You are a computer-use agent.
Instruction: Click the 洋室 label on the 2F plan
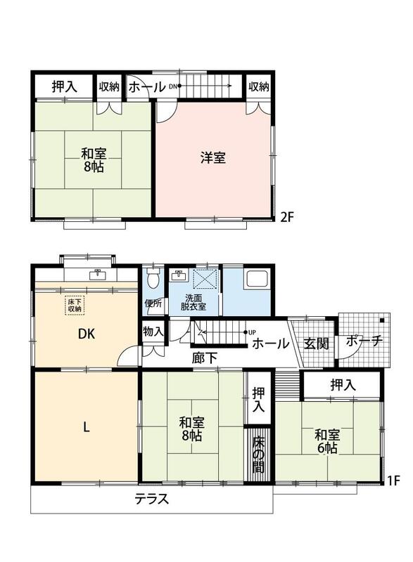coord(212,157)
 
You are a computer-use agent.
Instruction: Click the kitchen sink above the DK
coord(97,274)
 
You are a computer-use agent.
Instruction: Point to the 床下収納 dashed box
coord(75,306)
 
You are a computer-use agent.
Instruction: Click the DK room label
coord(87,334)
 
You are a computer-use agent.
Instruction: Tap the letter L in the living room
coord(86,427)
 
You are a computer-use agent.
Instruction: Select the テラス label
coord(152,499)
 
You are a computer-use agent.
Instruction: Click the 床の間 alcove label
coord(258,454)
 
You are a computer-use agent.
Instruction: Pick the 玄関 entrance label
coord(316,344)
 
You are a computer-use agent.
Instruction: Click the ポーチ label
coord(364,341)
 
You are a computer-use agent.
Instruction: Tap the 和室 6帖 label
coord(326,442)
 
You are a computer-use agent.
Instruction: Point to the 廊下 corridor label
coord(204,358)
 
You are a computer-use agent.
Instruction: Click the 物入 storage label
coord(153,331)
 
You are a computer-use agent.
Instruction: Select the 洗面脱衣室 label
coord(193,303)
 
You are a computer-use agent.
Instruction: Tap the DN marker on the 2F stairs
coord(173,86)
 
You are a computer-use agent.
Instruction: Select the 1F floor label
coord(393,481)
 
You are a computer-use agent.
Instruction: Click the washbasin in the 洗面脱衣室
coord(178,275)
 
